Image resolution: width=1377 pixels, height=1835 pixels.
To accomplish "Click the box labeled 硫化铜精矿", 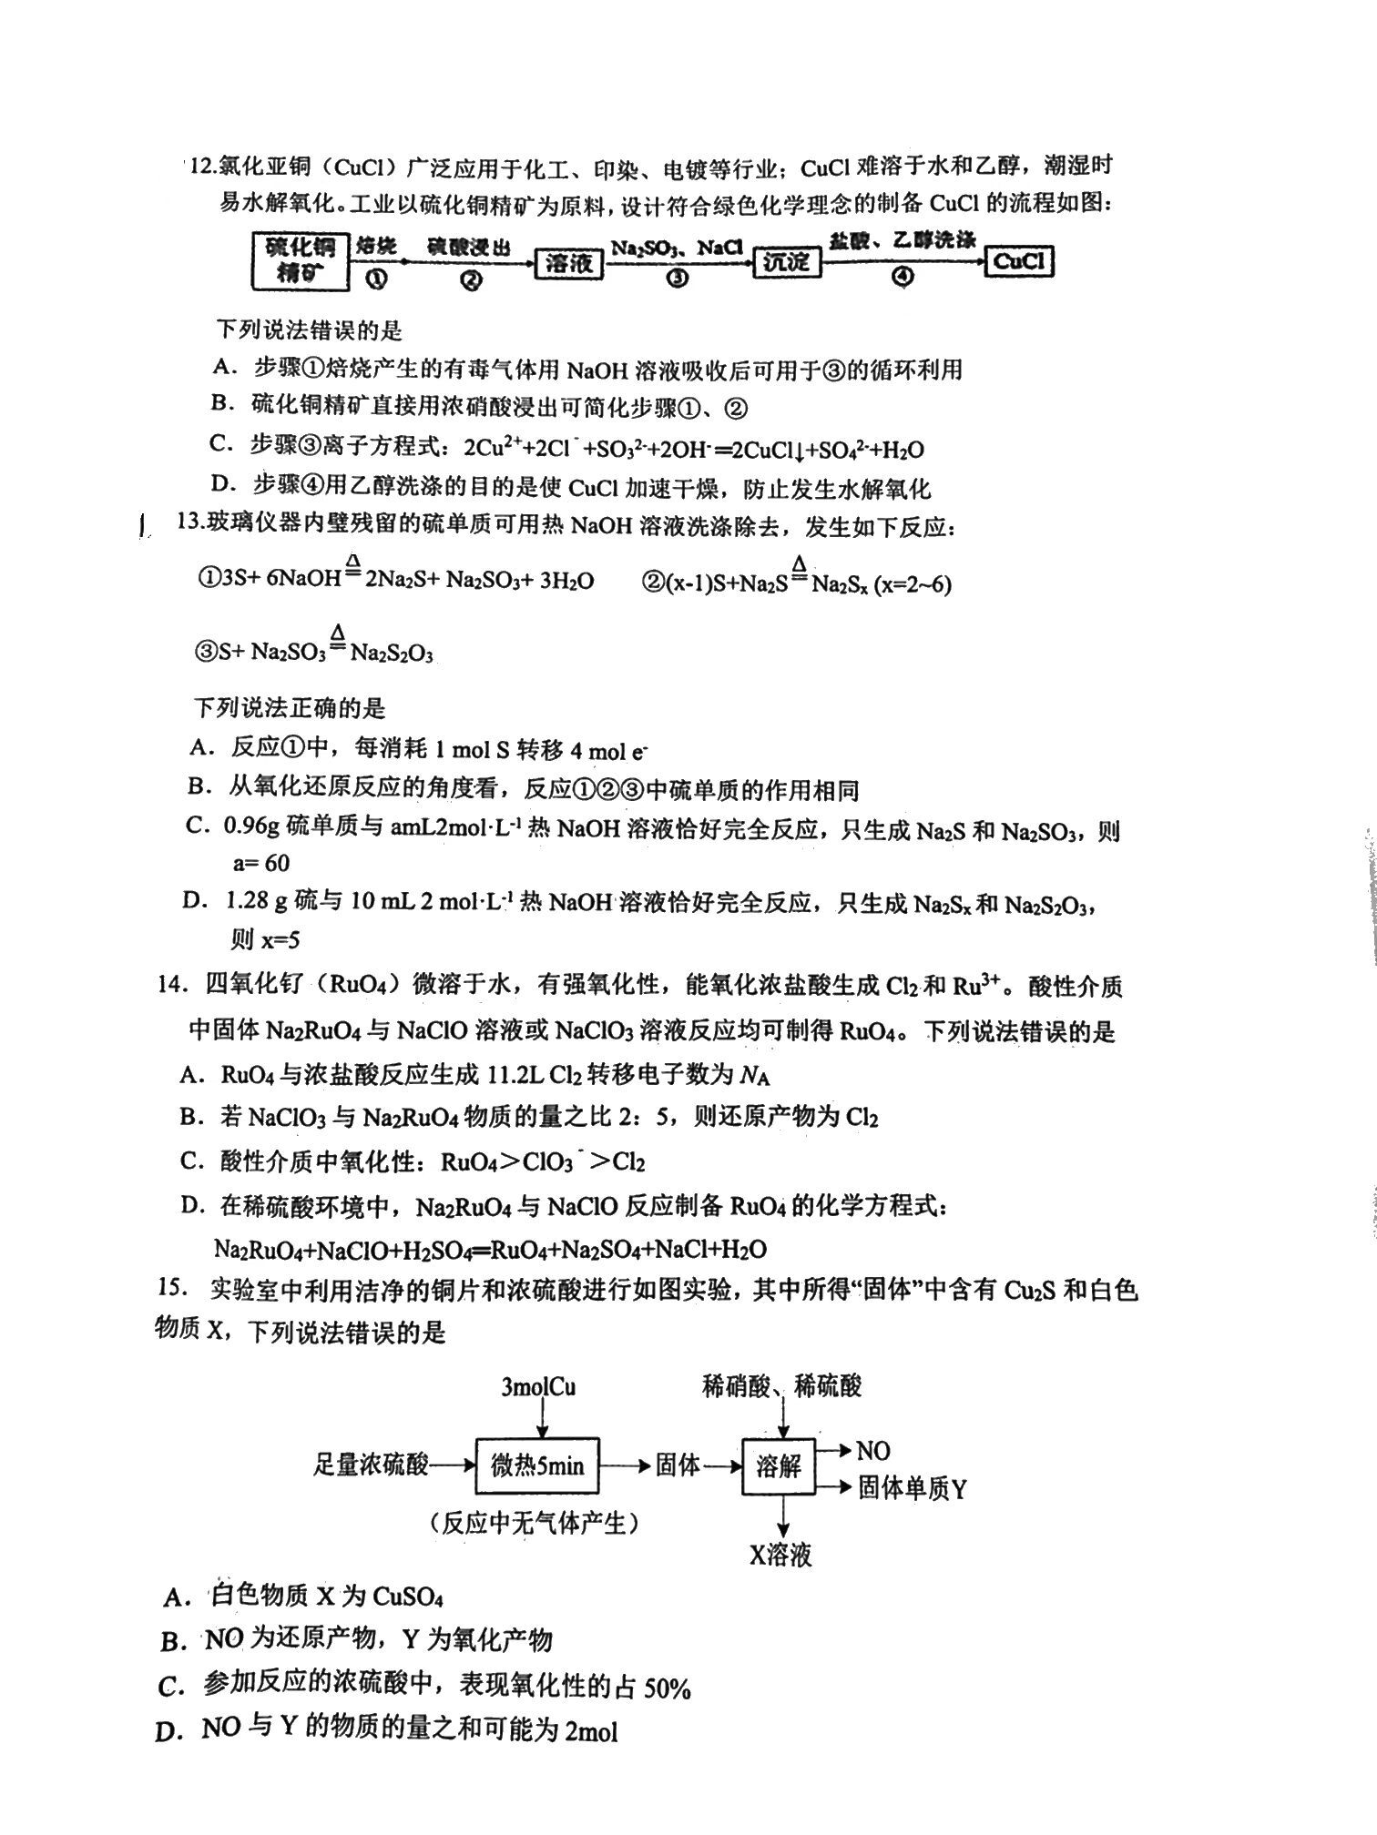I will [300, 260].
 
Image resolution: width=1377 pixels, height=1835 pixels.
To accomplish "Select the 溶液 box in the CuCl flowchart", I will [568, 263].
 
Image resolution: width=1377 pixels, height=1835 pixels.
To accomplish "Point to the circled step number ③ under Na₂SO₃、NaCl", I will [677, 279].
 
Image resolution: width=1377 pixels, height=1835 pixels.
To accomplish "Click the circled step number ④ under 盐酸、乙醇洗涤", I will [902, 278].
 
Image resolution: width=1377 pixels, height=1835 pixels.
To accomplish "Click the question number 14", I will [173, 986].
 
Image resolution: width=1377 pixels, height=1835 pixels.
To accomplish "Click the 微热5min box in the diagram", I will [537, 1465].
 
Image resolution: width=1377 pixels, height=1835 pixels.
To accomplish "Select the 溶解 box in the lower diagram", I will [779, 1465].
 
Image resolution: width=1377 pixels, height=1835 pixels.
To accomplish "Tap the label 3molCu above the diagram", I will [538, 1386].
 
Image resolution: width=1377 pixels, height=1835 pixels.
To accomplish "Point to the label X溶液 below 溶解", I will [780, 1555].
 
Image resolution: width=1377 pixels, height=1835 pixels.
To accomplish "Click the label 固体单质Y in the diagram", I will [912, 1488].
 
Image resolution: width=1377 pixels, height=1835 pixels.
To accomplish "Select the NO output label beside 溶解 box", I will [872, 1451].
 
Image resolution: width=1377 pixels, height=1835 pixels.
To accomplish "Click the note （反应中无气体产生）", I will [535, 1523].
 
